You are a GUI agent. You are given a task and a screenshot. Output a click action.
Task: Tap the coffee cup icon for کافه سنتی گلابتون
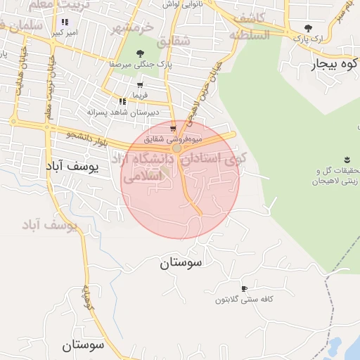coord(244,289)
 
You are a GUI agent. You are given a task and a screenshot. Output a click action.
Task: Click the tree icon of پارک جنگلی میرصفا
coord(140,53)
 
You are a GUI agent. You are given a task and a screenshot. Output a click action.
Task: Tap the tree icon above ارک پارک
coord(308,29)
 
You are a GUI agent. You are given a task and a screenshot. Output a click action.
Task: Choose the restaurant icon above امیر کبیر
coord(65,22)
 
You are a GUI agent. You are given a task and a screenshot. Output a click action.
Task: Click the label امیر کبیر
coord(65,32)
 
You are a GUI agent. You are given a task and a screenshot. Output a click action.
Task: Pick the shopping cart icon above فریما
coord(140,85)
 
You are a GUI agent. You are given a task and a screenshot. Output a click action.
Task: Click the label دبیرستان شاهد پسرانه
coord(123,112)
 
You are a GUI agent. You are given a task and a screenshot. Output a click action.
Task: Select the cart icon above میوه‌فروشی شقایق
coord(173,129)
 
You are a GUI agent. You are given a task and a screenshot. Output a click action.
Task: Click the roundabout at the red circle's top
coord(176,148)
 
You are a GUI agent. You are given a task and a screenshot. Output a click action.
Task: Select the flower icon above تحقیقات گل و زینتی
coord(347,160)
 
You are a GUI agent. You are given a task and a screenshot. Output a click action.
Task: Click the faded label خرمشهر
coord(131,29)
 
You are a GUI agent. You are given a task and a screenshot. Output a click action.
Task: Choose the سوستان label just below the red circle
coord(181,263)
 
